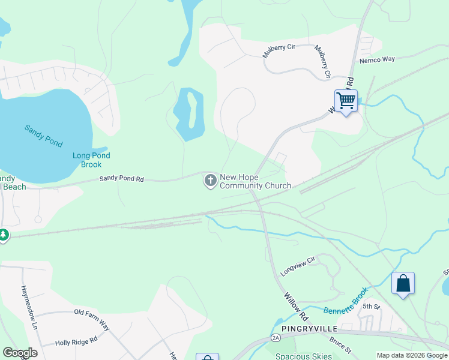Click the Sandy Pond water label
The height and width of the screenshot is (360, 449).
pyautogui.click(x=44, y=136)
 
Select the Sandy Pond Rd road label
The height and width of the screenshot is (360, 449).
pyautogui.click(x=122, y=178)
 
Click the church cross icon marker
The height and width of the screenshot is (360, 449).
pyautogui.click(x=210, y=181)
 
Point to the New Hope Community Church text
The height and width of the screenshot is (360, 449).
pyautogui.click(x=255, y=181)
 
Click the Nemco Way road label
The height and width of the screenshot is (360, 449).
pyautogui.click(x=377, y=59)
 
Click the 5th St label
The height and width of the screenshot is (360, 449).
pyautogui.click(x=372, y=307)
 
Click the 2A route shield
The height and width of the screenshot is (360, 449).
pyautogui.click(x=276, y=338)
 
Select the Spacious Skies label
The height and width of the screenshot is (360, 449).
pyautogui.click(x=303, y=356)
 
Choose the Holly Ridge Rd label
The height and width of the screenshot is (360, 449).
pyautogui.click(x=76, y=341)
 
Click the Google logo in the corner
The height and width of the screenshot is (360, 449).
pyautogui.click(x=20, y=353)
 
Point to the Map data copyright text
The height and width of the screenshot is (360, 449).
pyautogui.click(x=411, y=355)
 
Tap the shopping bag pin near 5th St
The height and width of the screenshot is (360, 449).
pyautogui.click(x=402, y=283)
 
